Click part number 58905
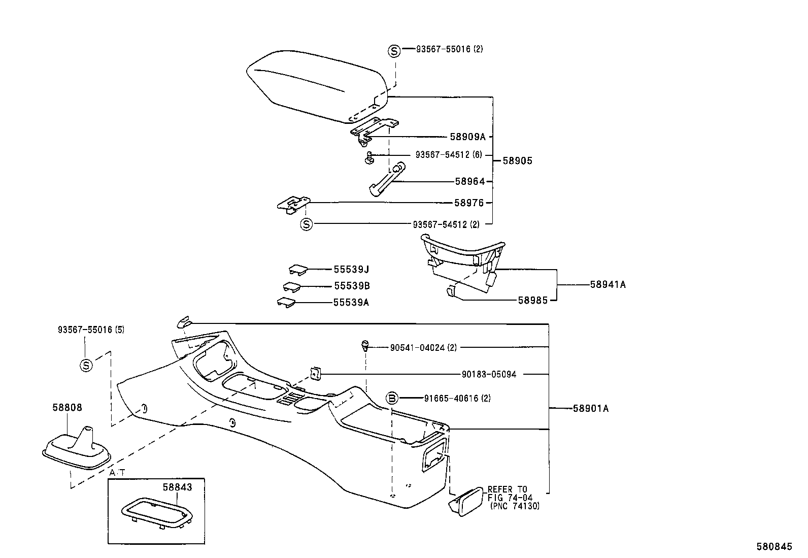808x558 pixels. coord(517,161)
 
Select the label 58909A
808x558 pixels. coord(467,137)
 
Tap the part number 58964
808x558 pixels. coord(469,181)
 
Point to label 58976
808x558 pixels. coord(469,203)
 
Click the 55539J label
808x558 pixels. coord(351,270)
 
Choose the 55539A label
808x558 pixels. coord(351,303)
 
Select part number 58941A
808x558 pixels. coord(608,285)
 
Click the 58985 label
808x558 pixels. coord(532,300)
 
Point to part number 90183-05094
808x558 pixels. coord(488,374)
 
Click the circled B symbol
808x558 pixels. coord(392,399)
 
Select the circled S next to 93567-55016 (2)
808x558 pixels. coord(394,51)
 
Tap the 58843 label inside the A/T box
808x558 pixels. coord(177,487)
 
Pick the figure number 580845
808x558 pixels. coord(774,546)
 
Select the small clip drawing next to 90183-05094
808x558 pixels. coord(315,374)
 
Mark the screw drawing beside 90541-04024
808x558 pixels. coord(364,346)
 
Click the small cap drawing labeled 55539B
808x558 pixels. coord(292,286)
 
